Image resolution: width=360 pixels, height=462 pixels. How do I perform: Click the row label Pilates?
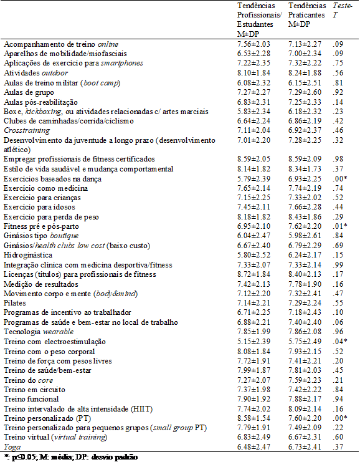tap(14, 301)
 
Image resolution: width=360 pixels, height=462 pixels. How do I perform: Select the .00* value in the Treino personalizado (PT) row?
tap(339, 418)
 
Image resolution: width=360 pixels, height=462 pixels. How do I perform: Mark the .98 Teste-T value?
tap(338, 158)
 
